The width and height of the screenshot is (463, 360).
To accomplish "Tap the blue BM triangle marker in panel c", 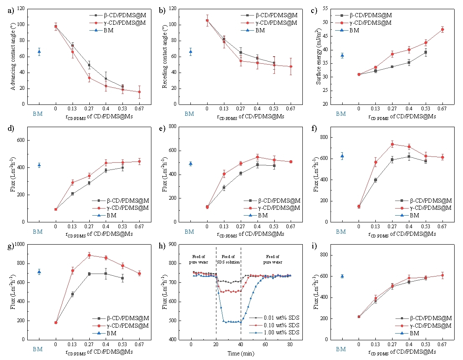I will click(x=342, y=55).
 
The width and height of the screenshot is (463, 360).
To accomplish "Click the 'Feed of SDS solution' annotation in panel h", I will click(x=228, y=259).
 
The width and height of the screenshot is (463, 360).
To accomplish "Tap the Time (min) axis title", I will click(x=240, y=353).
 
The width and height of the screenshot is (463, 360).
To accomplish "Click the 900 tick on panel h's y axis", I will click(x=176, y=244).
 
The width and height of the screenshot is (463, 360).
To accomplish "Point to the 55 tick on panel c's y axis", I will click(x=330, y=9).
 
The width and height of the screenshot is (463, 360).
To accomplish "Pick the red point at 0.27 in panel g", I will click(x=89, y=255).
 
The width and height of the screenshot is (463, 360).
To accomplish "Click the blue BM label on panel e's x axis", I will click(x=190, y=232).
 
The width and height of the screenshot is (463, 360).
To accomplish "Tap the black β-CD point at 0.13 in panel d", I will click(x=73, y=193).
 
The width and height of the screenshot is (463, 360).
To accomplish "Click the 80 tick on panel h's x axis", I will click(x=290, y=346).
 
